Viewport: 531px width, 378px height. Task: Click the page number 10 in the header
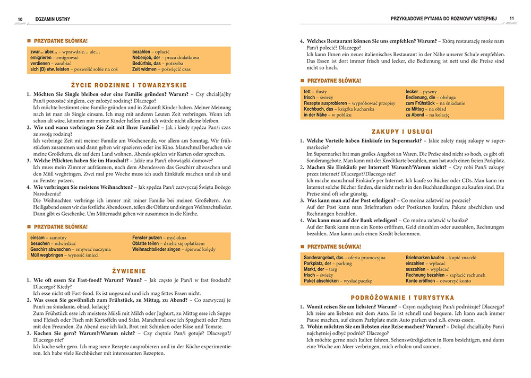coord(20,20)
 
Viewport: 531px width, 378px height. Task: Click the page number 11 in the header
coord(511,19)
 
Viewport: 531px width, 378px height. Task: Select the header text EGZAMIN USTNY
coord(52,20)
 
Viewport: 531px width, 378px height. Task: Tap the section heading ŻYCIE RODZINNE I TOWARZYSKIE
coord(129,85)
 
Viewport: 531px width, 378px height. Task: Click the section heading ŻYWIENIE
coord(129,271)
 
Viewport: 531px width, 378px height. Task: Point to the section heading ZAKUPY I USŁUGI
coord(402,131)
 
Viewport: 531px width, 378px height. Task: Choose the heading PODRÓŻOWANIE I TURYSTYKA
coord(402,298)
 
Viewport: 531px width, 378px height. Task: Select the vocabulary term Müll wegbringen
coord(47,255)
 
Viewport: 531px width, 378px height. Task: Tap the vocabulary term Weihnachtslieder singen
coord(156,249)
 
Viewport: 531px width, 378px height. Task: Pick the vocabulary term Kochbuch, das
coord(319,109)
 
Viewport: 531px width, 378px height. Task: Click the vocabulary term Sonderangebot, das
coord(323,257)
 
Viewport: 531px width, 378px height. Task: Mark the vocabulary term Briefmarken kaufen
coord(425,257)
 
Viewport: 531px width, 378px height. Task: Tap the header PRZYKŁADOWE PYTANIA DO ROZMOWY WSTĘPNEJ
coord(443,19)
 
